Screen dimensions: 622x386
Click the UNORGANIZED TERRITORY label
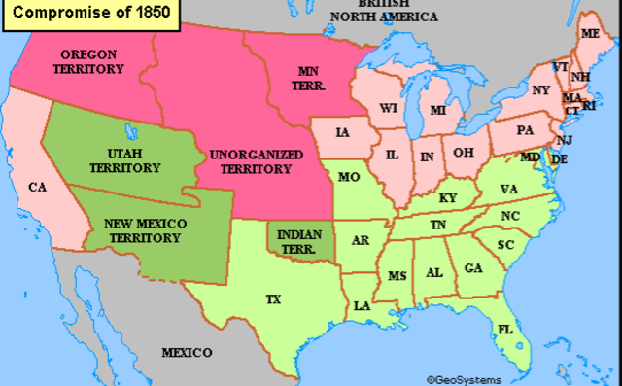pos(250,161)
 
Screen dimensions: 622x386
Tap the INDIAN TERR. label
pos(298,239)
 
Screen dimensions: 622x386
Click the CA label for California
pos(38,187)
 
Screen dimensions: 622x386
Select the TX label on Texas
pos(273,299)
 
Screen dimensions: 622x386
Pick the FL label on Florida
pos(503,329)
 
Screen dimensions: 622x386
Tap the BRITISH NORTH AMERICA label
pos(384,11)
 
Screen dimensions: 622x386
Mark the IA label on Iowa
pos(343,132)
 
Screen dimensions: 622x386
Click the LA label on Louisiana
pos(362,305)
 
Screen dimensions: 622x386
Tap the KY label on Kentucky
pos(447,197)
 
